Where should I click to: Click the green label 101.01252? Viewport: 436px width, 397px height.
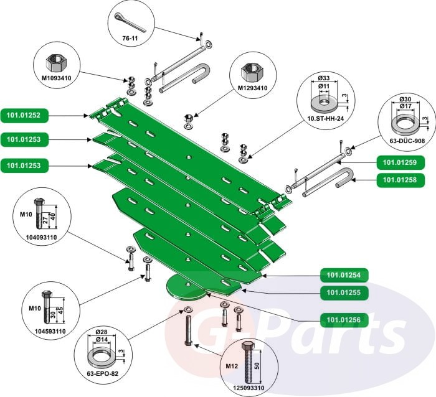click(24, 115)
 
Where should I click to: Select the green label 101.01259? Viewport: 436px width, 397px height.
click(399, 164)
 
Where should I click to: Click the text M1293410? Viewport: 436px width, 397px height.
click(252, 88)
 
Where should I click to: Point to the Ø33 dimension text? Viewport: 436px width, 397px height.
click(323, 78)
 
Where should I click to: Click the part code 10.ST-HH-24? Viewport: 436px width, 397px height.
click(325, 116)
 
